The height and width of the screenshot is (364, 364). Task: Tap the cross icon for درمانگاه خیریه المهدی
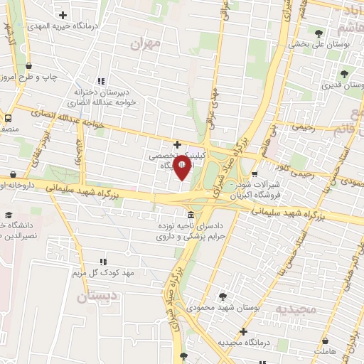tap(64, 14)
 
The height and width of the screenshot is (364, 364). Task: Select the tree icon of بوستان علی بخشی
tap(317, 33)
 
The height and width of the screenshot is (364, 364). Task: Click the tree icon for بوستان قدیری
tap(344, 73)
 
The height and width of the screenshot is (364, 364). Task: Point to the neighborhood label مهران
tap(147, 43)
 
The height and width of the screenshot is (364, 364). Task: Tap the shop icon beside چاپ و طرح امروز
tap(28, 65)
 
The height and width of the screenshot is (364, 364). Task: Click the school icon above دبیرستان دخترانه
tap(100, 80)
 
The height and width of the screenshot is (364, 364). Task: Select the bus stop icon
tap(8, 118)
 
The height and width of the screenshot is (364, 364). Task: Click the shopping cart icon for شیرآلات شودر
tap(255, 175)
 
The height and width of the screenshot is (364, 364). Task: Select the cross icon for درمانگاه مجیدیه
tap(244, 331)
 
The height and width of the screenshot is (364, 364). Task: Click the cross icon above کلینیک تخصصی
tap(187, 144)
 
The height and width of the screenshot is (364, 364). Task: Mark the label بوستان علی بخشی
tap(317, 44)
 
